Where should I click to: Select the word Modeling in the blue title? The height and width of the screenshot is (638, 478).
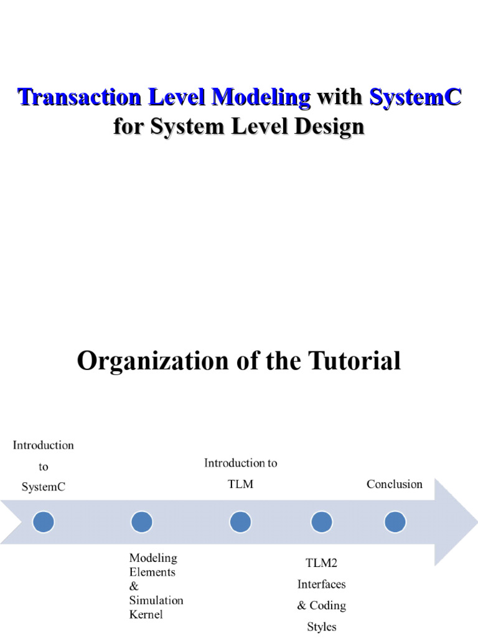pos(261,97)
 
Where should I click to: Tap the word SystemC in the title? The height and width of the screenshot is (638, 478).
pos(415,97)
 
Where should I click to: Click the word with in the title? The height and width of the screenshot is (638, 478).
pos(340,97)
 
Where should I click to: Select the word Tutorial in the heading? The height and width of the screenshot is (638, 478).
pos(357,361)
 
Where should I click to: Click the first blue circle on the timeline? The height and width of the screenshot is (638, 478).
pos(44,521)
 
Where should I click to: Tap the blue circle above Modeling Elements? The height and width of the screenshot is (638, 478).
pos(142,521)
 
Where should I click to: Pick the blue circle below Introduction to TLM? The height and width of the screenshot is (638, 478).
pos(240,521)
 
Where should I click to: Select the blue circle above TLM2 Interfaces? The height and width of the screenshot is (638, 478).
pos(321,521)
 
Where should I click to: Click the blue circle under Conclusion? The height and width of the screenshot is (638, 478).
pos(395,521)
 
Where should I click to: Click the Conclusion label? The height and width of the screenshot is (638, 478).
pos(395,484)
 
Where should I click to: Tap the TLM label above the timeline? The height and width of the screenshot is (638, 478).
pos(240,484)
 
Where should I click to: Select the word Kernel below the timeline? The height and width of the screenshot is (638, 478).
pos(146,614)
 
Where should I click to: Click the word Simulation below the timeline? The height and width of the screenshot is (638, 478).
pos(156,600)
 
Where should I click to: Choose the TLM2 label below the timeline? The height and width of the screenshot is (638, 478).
pos(321,563)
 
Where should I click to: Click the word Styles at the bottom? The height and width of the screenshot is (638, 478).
pos(321,627)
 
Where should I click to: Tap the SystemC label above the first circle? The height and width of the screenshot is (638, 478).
pos(44,487)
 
